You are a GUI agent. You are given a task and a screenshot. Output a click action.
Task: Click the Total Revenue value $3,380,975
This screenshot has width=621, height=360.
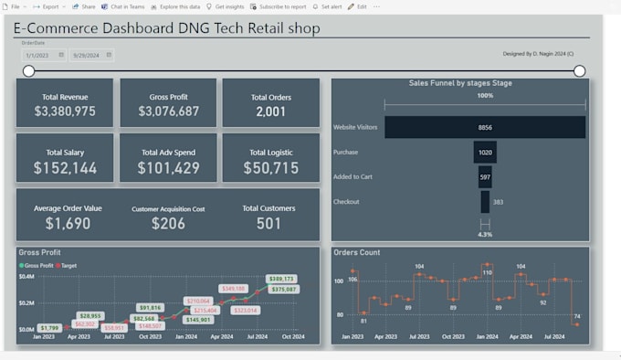tap(64, 111)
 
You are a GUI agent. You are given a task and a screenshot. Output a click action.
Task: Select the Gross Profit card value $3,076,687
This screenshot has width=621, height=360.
tap(168, 111)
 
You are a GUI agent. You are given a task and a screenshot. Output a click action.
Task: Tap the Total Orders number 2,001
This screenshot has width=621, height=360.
tap(270, 111)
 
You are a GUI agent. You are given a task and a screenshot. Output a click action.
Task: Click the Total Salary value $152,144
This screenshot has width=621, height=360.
tap(65, 168)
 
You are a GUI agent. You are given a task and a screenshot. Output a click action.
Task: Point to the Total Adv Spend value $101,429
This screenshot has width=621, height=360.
tap(168, 168)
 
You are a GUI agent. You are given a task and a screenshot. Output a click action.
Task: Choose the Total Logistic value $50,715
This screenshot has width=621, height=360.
tap(270, 168)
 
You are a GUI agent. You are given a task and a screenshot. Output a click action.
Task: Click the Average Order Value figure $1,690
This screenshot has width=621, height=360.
tap(68, 223)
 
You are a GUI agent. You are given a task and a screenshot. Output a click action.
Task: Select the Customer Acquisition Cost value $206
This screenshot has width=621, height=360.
tap(168, 224)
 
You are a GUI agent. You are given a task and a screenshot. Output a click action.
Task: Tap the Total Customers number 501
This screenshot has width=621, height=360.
tap(268, 223)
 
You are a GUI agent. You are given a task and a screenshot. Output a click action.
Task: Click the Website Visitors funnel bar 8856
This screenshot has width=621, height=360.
tap(485, 127)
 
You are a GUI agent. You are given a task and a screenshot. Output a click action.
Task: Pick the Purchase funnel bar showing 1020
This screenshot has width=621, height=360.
tap(485, 153)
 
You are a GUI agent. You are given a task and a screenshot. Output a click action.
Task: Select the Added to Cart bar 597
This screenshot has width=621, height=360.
tap(485, 177)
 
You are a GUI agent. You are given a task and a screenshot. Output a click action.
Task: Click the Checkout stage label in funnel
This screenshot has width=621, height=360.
tap(346, 202)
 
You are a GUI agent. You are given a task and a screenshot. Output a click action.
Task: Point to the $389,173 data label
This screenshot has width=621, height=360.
tap(280, 279)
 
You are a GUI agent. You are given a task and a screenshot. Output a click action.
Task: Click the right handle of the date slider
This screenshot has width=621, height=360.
tap(579, 70)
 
